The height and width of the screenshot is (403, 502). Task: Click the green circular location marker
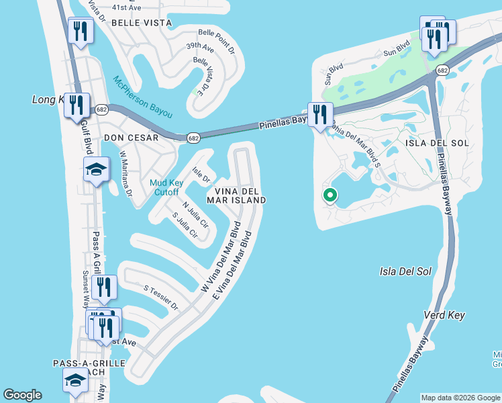click(x=330, y=195)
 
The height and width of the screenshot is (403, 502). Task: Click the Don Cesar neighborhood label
click(x=132, y=138)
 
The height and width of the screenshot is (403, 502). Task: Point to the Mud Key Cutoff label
click(x=164, y=187)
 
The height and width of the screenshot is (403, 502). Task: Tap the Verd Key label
click(x=444, y=315)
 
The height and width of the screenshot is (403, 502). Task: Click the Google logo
click(x=22, y=395)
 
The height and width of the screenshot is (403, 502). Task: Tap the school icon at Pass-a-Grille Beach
click(x=75, y=379)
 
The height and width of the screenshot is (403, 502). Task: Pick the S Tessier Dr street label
click(x=161, y=298)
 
